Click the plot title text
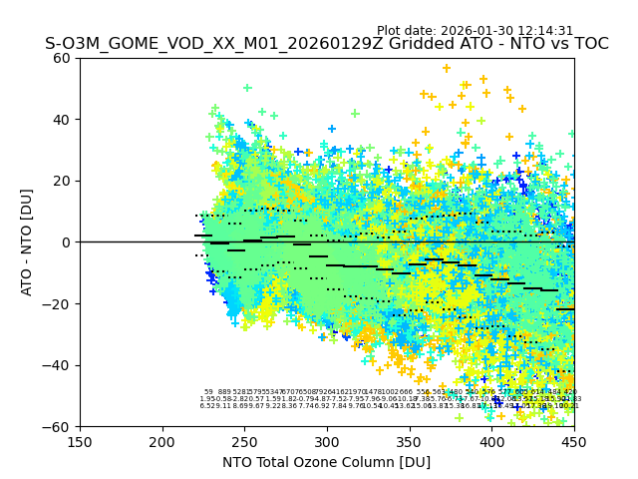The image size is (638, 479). pos(326,44)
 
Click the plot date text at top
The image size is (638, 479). pos(475,31)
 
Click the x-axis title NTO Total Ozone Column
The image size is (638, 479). pos(326,462)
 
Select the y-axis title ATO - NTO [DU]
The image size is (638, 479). pos(28,241)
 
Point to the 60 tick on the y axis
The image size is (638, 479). pos(63,58)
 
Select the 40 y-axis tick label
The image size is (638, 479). pos(63,119)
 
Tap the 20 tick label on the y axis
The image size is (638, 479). pos(63,181)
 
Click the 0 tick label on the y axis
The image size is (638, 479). pos(67,241)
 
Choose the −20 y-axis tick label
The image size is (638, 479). pos(59,303)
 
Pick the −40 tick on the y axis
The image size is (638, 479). pos(59,365)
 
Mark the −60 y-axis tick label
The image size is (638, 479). pos(59,426)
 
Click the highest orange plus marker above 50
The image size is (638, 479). pos(447,68)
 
